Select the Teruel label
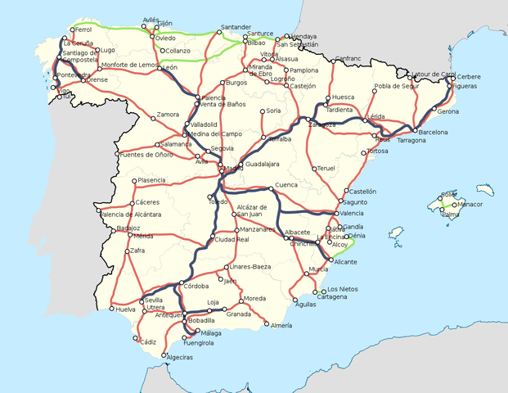click(x=326, y=168)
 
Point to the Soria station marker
click(x=263, y=111)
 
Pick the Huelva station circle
click(x=112, y=309)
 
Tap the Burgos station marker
click(x=223, y=83)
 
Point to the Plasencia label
click(x=152, y=180)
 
